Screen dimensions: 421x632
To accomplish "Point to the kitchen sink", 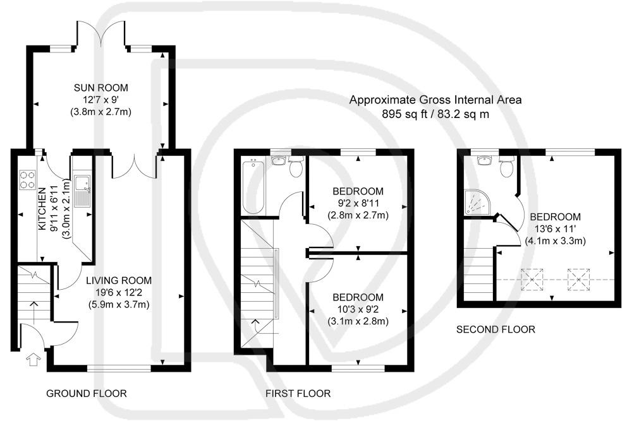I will [82, 187].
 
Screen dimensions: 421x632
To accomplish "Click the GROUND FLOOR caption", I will [87, 393].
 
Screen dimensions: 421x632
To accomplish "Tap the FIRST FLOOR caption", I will [298, 393].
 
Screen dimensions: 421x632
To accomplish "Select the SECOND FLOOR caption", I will [495, 329].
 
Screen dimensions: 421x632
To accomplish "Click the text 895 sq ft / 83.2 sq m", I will [435, 114].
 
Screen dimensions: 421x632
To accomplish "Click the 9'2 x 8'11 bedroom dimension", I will [358, 203].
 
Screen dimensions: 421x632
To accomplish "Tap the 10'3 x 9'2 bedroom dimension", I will [358, 309].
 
